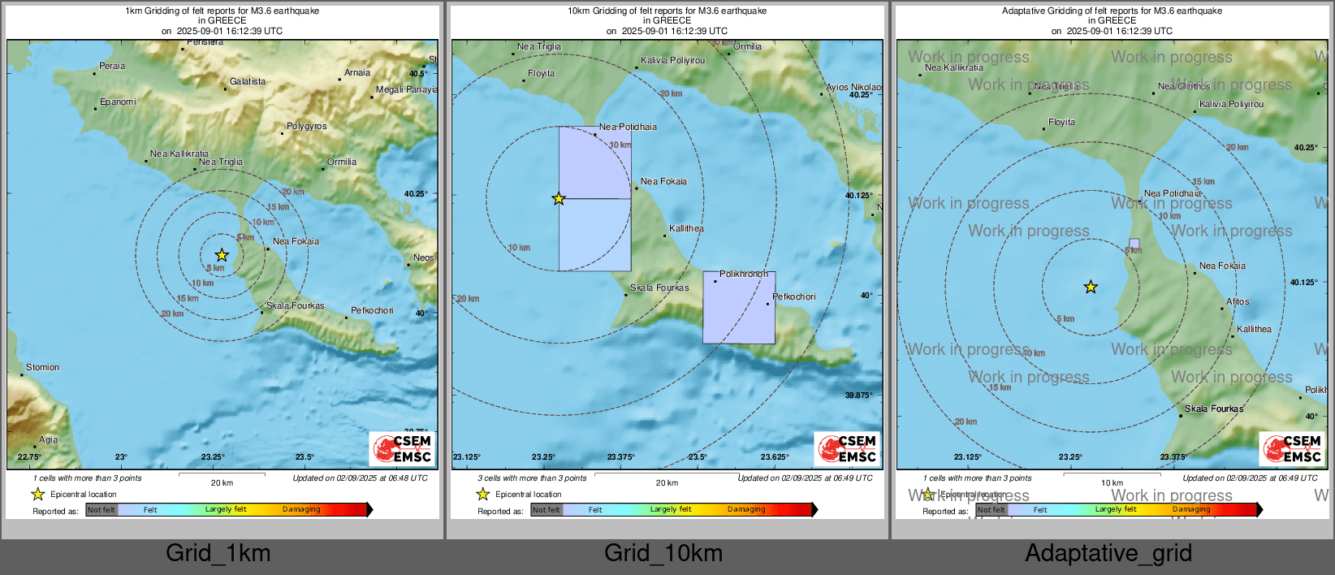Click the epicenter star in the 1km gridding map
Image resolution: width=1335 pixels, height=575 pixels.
222,255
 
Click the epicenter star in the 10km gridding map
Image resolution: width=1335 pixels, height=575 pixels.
559,199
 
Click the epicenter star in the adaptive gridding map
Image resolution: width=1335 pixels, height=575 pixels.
1091,287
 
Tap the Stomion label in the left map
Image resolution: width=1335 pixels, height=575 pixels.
42,368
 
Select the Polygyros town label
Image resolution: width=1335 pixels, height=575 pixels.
306,127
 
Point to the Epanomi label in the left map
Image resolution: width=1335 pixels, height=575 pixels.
118,102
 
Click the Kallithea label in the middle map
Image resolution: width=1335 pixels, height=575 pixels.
686,229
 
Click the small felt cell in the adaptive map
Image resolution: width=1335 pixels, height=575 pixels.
1134,244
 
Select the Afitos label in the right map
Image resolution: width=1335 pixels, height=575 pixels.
1238,302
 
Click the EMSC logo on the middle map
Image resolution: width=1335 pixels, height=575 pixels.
848,449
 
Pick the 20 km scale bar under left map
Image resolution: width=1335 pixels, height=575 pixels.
222,474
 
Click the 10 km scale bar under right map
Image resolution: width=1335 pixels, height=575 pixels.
1112,474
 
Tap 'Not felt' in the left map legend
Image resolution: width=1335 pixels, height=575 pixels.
102,510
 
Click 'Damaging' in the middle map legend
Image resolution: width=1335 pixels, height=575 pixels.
746,510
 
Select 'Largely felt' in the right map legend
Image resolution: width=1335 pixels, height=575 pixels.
1115,510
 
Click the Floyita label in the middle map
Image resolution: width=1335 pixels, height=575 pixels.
541,74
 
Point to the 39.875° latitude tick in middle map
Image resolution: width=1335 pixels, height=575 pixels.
858,396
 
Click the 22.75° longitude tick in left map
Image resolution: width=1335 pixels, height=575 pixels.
29,457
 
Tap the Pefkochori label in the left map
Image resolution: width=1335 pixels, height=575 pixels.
372,311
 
